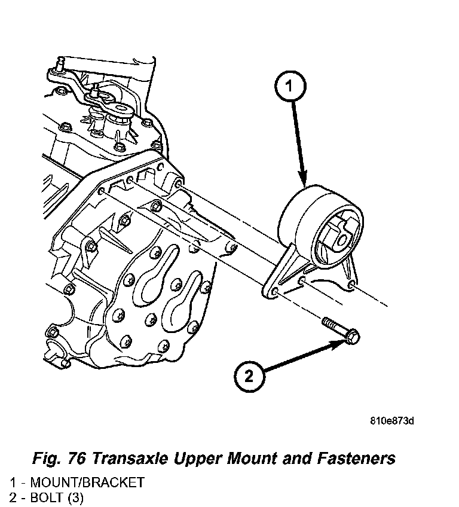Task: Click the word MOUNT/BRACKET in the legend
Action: point(87,482)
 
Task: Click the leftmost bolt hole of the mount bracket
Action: point(276,291)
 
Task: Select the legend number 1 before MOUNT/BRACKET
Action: point(11,482)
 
